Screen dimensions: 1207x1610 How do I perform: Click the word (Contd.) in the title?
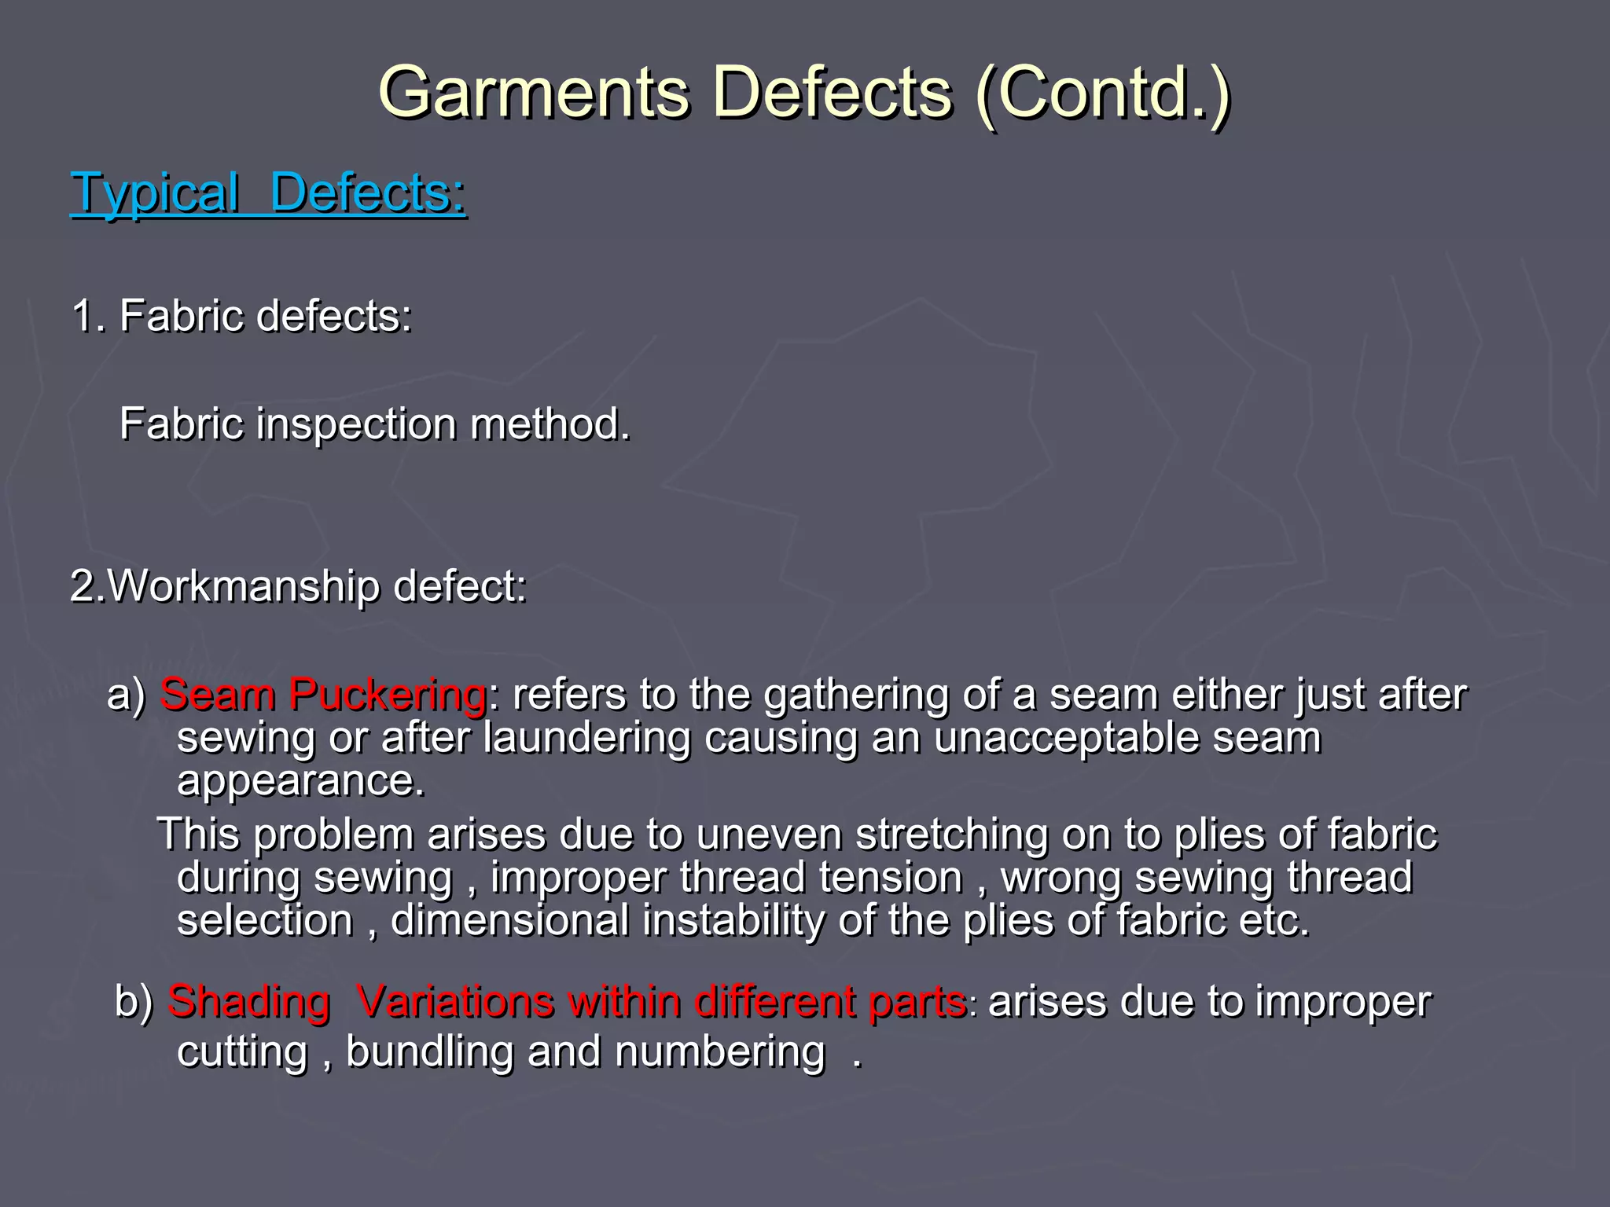tap(1102, 93)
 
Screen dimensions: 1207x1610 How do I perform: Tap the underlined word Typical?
tap(155, 193)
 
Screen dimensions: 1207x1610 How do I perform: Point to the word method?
tap(550, 425)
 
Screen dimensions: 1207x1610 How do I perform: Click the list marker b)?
tap(134, 1002)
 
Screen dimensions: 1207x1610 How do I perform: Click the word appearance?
tap(300, 782)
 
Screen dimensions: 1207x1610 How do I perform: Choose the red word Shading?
tap(248, 1003)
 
